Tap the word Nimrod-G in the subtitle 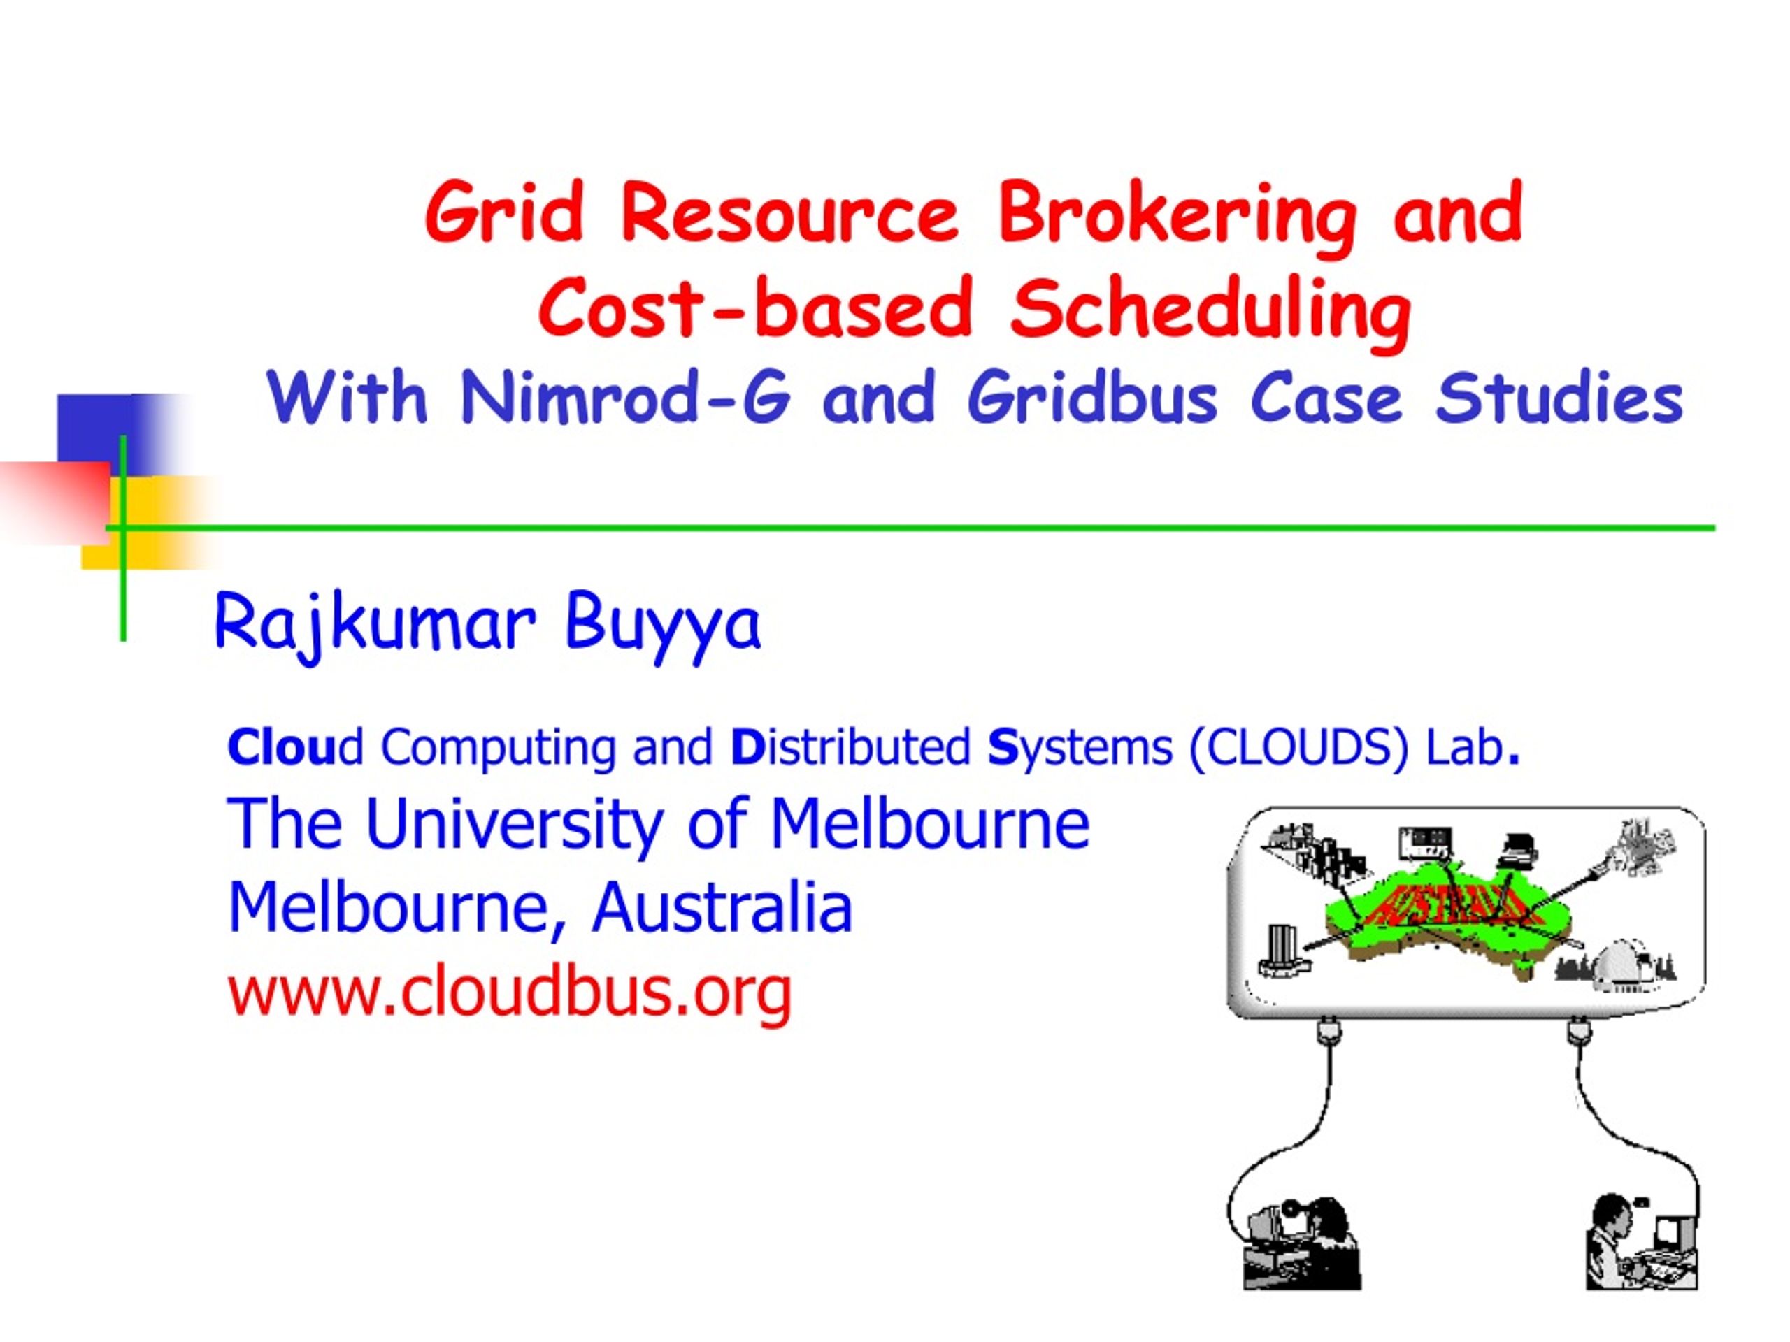[624, 397]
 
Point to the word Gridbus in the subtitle [1092, 397]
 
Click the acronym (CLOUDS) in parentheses [1299, 746]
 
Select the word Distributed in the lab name [850, 746]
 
